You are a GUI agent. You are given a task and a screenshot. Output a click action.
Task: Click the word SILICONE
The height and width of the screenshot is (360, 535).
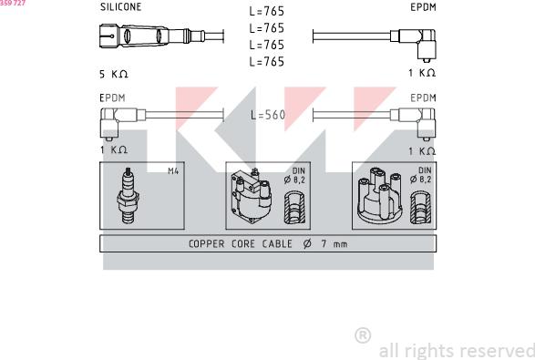pos(121,7)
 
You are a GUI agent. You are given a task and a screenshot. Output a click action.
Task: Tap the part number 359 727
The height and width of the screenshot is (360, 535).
pos(13,3)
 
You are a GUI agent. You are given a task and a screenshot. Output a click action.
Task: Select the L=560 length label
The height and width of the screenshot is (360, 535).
pos(268,115)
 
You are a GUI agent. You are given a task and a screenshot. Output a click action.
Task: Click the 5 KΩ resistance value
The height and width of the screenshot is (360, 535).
pos(114,74)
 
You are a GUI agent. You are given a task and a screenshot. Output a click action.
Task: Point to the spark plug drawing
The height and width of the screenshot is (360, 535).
pos(128,196)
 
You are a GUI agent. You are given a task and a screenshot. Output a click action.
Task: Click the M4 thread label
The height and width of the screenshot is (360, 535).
pos(173,171)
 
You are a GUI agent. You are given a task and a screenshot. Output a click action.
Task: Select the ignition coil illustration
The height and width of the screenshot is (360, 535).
pos(252,196)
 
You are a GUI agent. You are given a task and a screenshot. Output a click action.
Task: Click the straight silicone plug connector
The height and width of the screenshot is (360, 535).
pos(152,36)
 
